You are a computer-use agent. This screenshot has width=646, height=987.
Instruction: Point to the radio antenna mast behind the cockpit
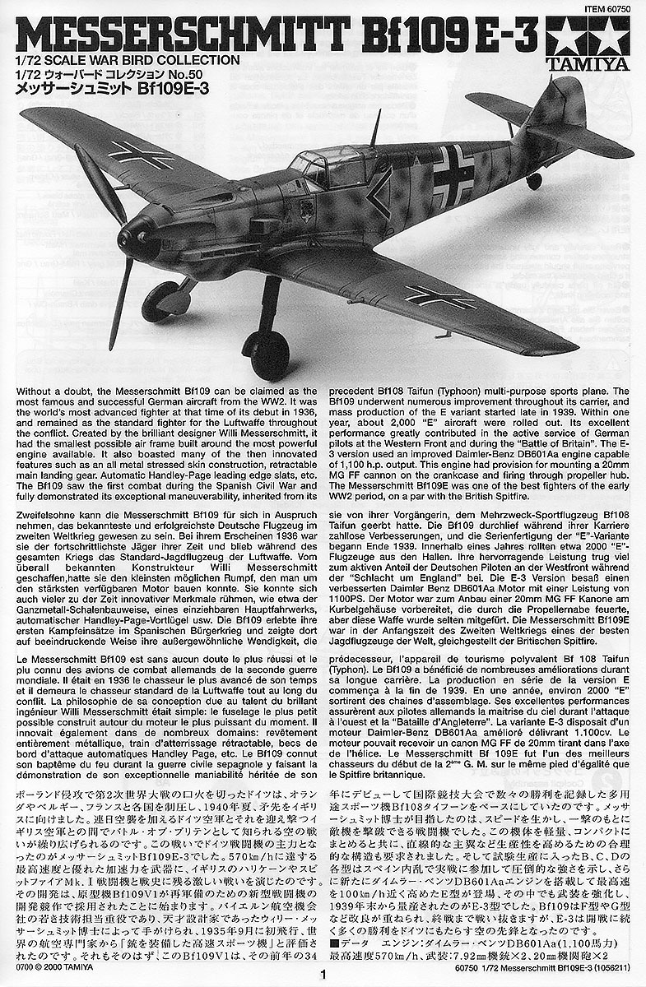coord(375,128)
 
